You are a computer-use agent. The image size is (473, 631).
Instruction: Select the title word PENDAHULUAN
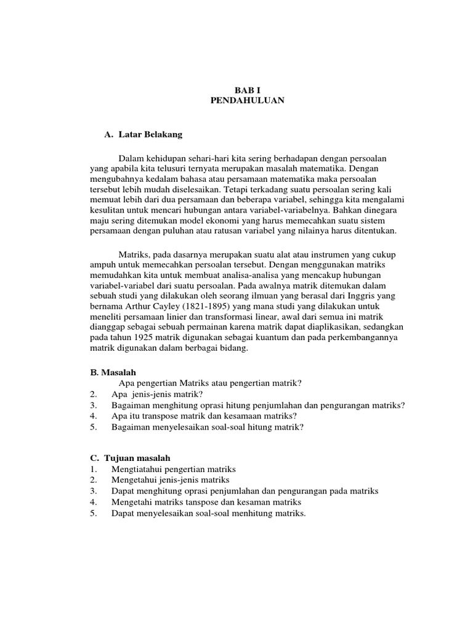point(247,100)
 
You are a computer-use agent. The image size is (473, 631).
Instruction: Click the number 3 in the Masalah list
point(93,405)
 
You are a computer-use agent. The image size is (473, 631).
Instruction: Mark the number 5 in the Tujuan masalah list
point(93,513)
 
